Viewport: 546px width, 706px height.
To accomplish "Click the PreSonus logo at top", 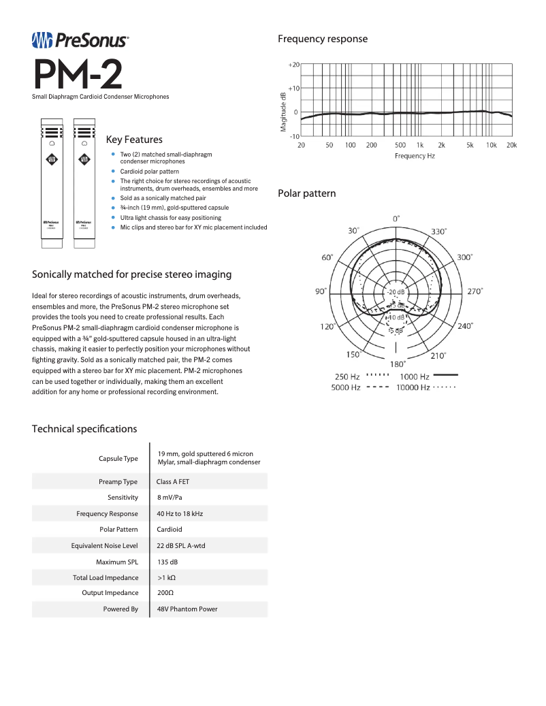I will click(80, 41).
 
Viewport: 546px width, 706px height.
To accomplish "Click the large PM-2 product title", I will click(78, 75).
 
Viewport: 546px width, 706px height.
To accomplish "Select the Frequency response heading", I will click(322, 39).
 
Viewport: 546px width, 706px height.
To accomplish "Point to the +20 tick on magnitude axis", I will click(293, 64).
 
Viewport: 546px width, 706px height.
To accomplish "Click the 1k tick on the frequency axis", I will click(420, 145).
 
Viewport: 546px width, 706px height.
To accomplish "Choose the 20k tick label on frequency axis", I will click(511, 145).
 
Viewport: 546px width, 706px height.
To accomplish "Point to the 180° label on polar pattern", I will click(398, 364).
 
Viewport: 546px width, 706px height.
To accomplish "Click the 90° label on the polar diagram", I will click(321, 291).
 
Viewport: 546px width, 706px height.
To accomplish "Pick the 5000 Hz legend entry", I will click(346, 387).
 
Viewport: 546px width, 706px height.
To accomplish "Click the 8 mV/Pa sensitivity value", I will click(168, 498).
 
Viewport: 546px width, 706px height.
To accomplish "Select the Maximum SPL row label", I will click(117, 562).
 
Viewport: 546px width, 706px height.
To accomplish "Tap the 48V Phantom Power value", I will click(187, 609).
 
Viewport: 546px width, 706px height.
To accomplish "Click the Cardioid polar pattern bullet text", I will click(149, 172).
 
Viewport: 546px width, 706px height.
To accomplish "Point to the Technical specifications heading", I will click(84, 429).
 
